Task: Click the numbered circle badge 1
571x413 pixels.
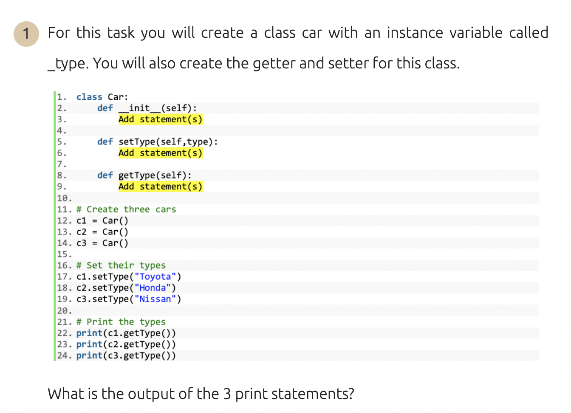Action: [26, 34]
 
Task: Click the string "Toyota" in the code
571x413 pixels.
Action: [155, 277]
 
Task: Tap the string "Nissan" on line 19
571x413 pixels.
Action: [155, 299]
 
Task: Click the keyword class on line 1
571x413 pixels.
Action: [89, 97]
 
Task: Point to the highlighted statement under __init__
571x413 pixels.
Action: [160, 119]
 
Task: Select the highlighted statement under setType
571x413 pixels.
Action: [160, 153]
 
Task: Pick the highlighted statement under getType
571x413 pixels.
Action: [160, 187]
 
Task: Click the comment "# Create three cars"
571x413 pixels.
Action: [126, 209]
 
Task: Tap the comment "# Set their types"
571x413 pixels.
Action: [121, 266]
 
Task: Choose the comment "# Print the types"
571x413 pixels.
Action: [121, 322]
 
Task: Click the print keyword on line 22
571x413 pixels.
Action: [89, 333]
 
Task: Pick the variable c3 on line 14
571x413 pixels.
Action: [81, 243]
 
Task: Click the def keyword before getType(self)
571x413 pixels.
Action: [105, 175]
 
